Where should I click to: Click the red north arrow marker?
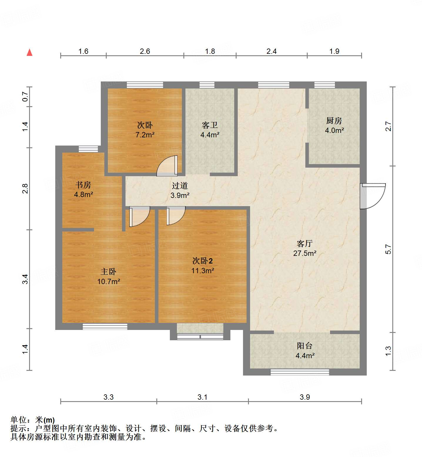pyautogui.click(x=29, y=52)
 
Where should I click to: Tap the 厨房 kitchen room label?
pyautogui.click(x=334, y=121)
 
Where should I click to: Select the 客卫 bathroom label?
pyautogui.click(x=210, y=125)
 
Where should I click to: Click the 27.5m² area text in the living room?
pyautogui.click(x=304, y=253)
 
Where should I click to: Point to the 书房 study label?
pyautogui.click(x=83, y=185)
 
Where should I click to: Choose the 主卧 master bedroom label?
pyautogui.click(x=108, y=271)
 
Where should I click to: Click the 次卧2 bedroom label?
pyautogui.click(x=202, y=261)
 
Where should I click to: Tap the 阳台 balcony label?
pyautogui.click(x=304, y=346)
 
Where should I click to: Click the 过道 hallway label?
pyautogui.click(x=180, y=186)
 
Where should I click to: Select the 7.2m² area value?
pyautogui.click(x=145, y=135)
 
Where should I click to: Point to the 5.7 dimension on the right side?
pyautogui.click(x=388, y=249)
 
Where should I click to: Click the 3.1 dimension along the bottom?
pyautogui.click(x=202, y=397)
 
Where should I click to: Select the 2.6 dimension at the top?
pyautogui.click(x=145, y=51)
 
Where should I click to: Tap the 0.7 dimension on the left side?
pyautogui.click(x=25, y=97)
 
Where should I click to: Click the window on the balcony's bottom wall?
pyautogui.click(x=299, y=372)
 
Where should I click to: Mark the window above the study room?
pyautogui.click(x=88, y=149)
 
